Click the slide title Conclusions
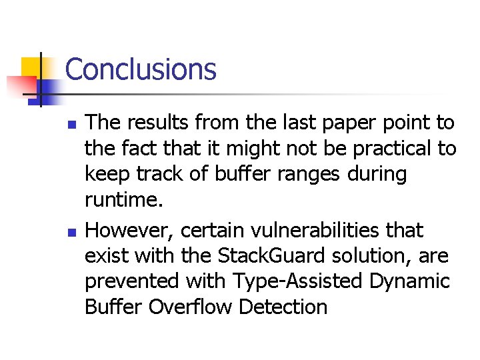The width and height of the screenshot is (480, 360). [x=141, y=69]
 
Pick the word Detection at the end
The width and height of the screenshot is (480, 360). [x=283, y=307]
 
